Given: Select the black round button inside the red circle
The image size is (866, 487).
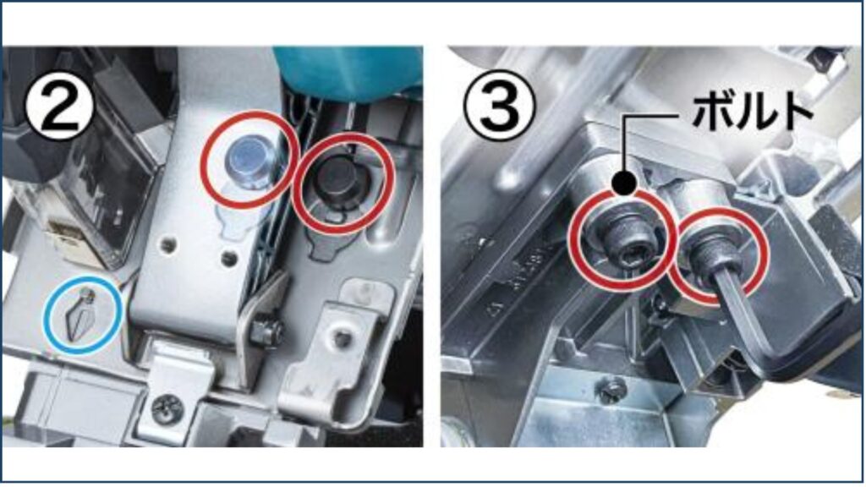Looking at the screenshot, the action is point(337,178).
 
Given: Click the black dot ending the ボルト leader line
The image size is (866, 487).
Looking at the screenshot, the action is point(625,183).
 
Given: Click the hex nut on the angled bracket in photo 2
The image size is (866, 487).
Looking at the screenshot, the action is point(265,331).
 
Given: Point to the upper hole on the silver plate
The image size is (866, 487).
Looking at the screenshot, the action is point(169,243).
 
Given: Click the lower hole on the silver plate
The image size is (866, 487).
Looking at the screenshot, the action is point(228,258).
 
